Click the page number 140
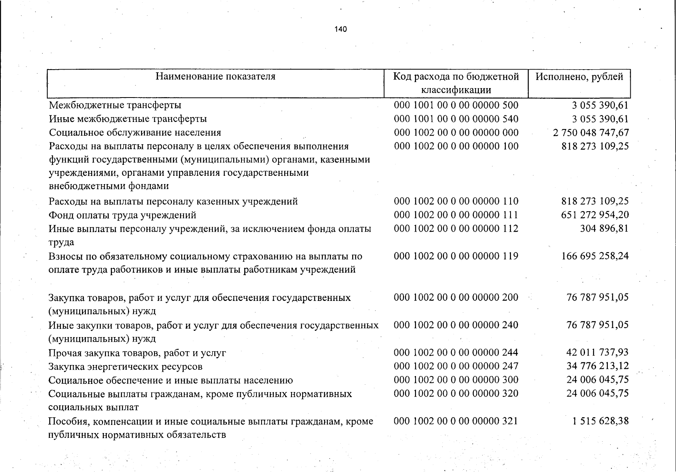point(340,29)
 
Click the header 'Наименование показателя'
point(215,76)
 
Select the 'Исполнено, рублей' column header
point(579,76)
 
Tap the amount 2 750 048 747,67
point(591,133)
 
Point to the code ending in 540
point(456,119)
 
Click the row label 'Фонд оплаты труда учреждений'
point(123,215)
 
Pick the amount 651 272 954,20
point(595,215)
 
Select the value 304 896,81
point(604,229)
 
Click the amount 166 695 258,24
point(595,256)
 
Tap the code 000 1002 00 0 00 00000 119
point(456,256)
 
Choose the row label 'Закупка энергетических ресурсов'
point(126,367)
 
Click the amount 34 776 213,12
point(597,366)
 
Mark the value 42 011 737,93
point(597,352)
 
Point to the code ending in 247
point(456,366)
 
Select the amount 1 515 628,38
point(600,421)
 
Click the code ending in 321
point(456,421)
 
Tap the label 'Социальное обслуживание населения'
point(135,133)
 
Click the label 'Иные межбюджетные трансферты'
point(128,119)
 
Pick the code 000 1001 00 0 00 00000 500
point(456,105)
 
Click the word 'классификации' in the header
point(456,90)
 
